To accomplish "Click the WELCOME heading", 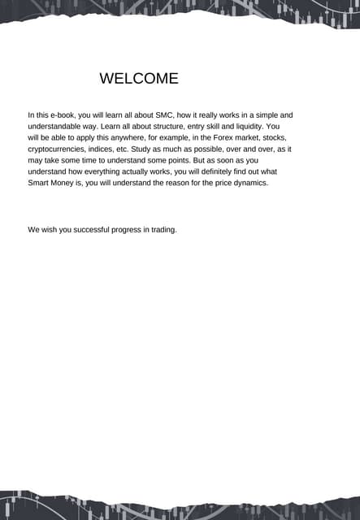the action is [x=138, y=79].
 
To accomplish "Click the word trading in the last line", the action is [x=163, y=230].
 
